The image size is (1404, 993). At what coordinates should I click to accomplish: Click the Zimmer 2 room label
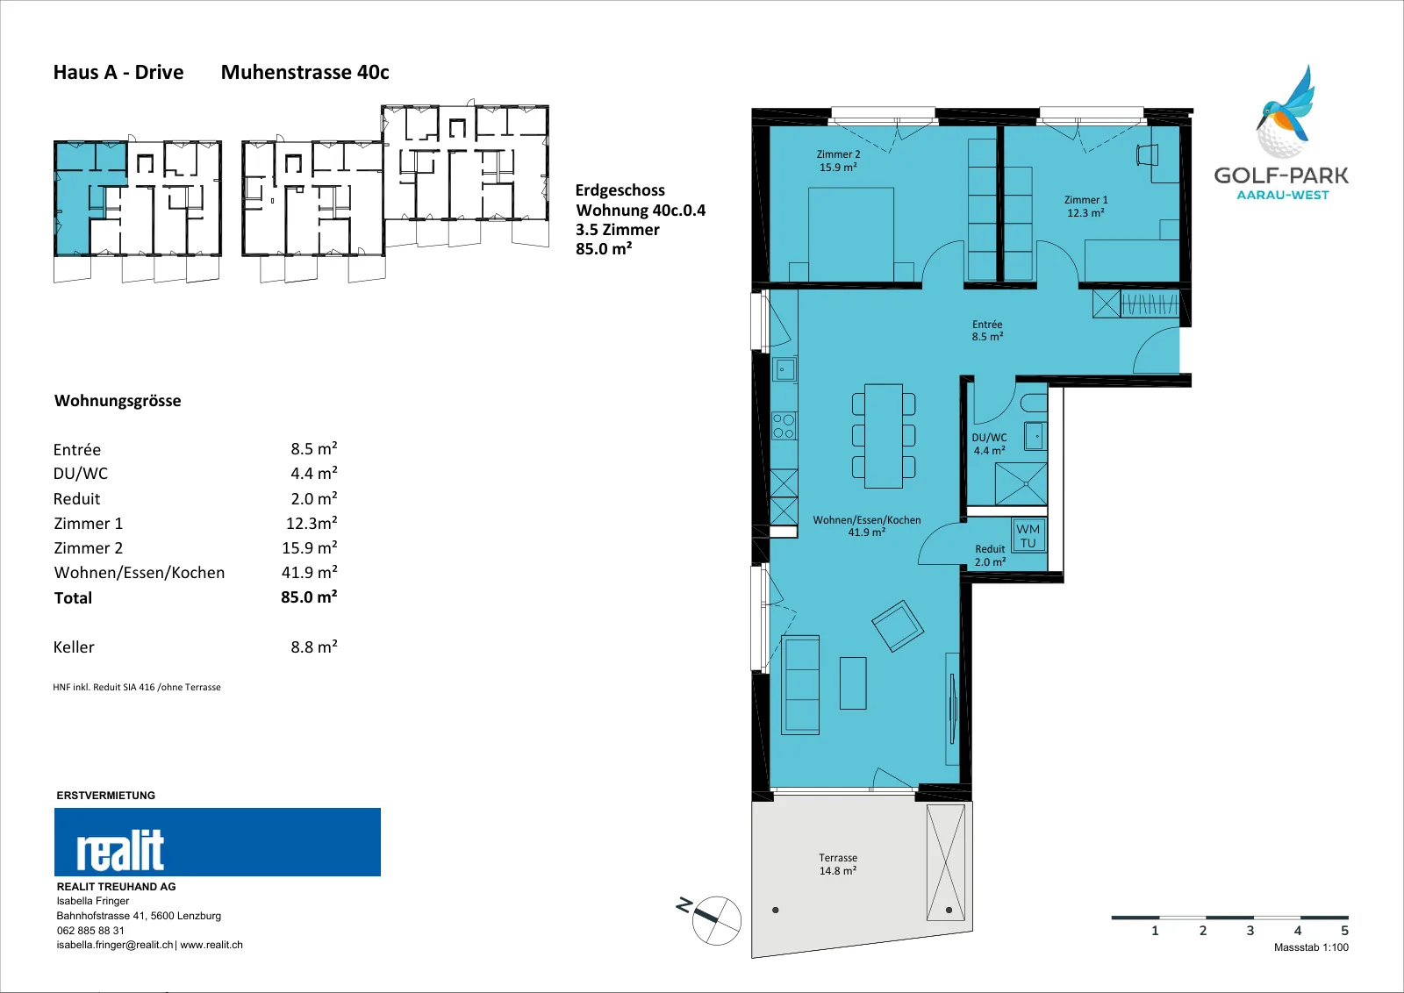point(838,161)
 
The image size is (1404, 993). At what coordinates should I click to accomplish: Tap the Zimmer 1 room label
point(1085,206)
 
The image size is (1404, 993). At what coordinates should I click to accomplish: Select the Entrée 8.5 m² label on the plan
point(987,330)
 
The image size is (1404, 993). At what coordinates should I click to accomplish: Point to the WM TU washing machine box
point(1028,536)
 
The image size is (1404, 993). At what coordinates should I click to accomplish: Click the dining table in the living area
point(883,436)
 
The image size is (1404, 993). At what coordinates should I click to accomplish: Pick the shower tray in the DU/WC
point(1021,483)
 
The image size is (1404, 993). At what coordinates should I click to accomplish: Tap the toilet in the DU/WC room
point(1035,403)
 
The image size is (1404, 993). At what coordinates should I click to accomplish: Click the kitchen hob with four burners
point(784,425)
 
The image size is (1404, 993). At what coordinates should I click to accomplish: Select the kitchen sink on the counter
point(784,369)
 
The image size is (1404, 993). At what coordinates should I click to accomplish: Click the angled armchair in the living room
point(898,625)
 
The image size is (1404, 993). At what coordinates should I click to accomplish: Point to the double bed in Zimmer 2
point(850,234)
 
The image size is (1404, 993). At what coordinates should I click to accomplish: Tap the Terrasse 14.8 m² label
point(837,864)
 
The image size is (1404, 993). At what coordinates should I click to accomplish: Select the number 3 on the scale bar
point(1250,931)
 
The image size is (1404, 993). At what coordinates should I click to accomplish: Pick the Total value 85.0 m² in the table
point(309,597)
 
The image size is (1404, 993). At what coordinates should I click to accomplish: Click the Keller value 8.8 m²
point(314,647)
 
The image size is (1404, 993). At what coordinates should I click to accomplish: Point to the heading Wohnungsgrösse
point(118,401)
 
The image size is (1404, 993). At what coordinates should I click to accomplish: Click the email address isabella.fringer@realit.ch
point(115,945)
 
